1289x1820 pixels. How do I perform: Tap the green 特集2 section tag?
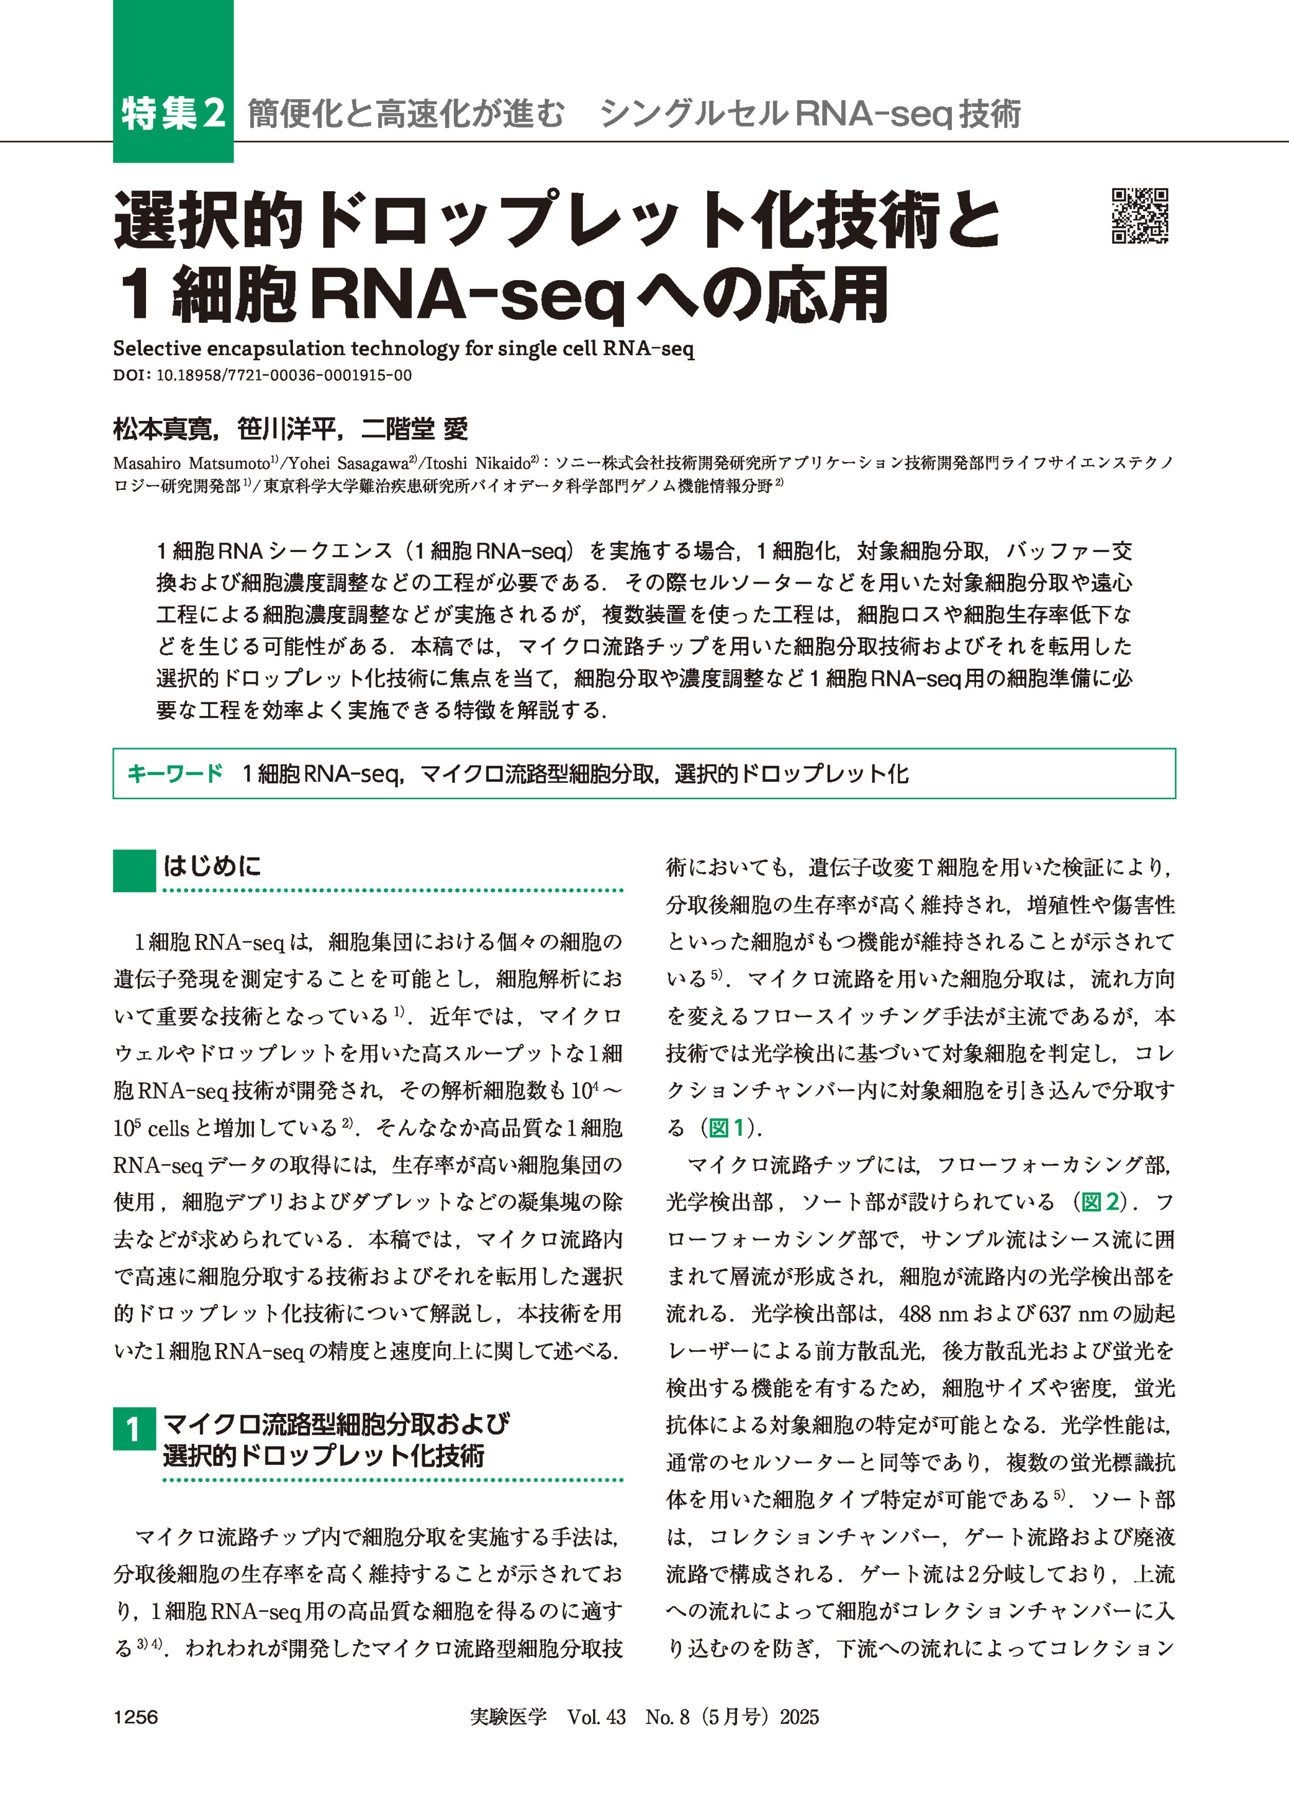point(173,114)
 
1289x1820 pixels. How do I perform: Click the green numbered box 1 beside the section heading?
point(134,1429)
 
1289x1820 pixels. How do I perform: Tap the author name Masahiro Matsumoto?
point(191,463)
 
